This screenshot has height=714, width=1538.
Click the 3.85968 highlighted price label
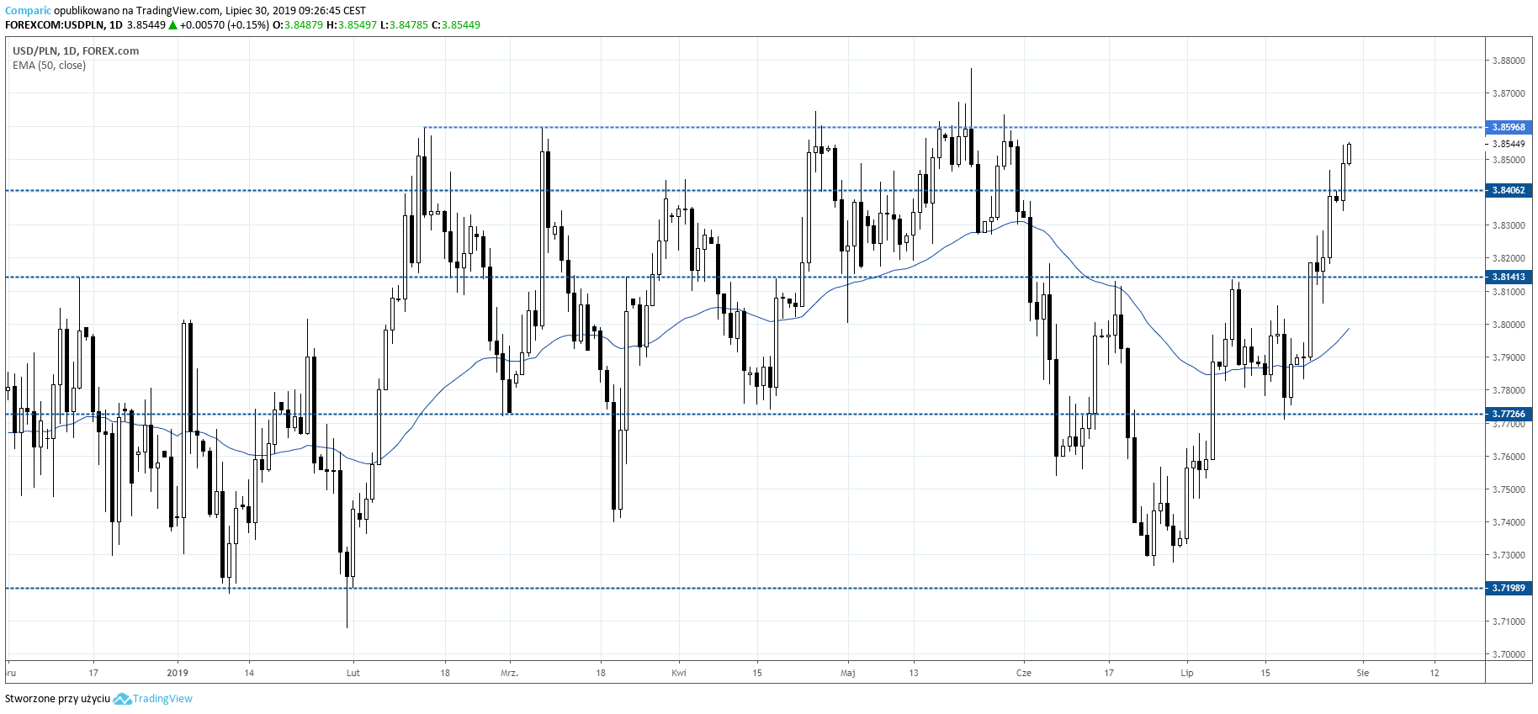click(1509, 127)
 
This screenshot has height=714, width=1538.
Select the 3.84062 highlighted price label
click(1509, 190)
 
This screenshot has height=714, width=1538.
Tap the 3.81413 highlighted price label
click(1509, 277)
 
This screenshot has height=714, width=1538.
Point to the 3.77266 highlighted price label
click(1509, 414)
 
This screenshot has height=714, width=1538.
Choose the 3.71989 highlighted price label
click(1509, 588)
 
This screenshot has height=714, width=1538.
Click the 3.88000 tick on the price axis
click(1509, 61)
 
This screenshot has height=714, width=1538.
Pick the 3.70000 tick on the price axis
click(1509, 653)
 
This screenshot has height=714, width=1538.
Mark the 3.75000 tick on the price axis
click(1509, 489)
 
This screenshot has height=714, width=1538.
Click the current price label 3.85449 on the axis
click(1509, 144)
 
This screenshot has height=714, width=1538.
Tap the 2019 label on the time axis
click(178, 673)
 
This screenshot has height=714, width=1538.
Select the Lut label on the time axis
click(353, 673)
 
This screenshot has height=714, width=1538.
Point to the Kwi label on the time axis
click(679, 673)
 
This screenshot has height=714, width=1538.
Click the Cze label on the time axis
click(1023, 673)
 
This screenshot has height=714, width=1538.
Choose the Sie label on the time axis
click(1363, 673)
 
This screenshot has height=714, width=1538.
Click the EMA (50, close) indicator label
click(49, 66)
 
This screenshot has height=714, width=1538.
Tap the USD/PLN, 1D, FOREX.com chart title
click(76, 50)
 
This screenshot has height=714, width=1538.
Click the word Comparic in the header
click(28, 11)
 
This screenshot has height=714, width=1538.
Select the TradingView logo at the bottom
click(153, 699)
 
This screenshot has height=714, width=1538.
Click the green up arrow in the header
click(172, 25)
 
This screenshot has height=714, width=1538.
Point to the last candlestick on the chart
click(1349, 153)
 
